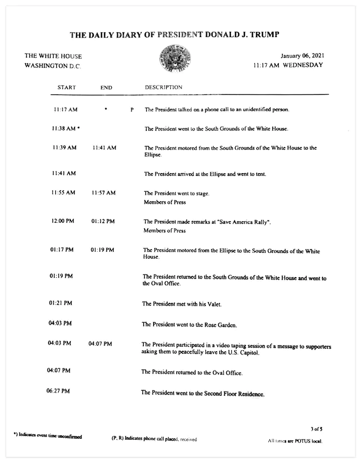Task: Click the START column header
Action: click(67, 88)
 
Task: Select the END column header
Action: click(106, 88)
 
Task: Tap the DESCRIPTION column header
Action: click(164, 88)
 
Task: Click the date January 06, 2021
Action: click(302, 56)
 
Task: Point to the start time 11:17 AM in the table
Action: click(66, 109)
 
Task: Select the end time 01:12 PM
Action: click(103, 221)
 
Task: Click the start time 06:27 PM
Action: click(58, 391)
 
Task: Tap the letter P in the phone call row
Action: click(132, 110)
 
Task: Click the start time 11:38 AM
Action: click(64, 128)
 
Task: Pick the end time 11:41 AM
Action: click(104, 148)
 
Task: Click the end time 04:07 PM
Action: click(100, 344)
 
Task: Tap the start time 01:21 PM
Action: click(60, 303)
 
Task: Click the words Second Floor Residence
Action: click(232, 394)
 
